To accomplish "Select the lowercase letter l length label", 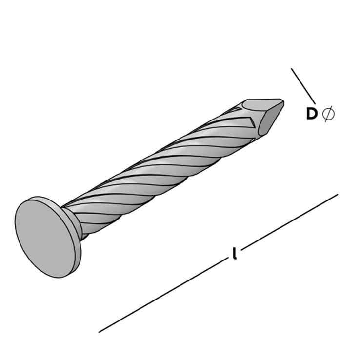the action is [x=234, y=253].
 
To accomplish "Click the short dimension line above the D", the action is [x=303, y=86].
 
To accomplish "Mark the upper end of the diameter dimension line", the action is [x=291, y=68].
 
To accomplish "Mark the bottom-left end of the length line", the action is [x=99, y=332].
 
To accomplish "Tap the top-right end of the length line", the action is [x=338, y=195].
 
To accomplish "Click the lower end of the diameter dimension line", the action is [x=315, y=103].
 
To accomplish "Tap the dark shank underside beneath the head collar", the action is [x=84, y=237].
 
